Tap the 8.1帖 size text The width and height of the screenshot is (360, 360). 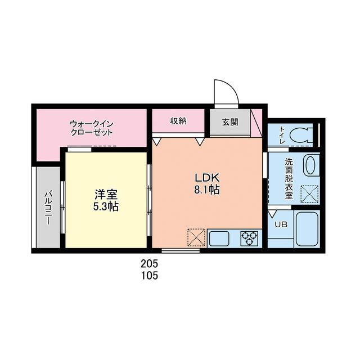[206, 190]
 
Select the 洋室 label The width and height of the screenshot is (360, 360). [106, 194]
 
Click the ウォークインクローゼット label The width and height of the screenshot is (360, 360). [92, 128]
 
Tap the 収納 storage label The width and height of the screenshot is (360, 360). [178, 121]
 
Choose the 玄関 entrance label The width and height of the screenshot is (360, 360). [229, 121]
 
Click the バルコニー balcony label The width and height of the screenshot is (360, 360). [48, 208]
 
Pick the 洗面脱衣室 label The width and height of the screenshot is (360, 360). [289, 178]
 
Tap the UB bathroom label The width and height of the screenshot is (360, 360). [280, 224]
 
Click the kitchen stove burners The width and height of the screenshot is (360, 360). [249, 238]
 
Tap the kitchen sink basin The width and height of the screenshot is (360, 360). [220, 238]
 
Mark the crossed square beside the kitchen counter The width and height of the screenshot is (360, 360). [197, 237]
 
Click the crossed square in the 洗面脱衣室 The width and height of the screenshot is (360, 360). [309, 193]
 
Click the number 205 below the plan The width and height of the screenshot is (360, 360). [149, 264]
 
